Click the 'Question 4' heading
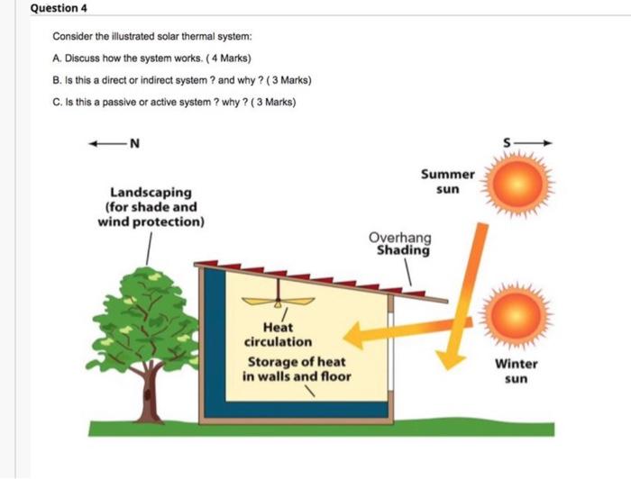tap(56, 10)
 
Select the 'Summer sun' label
tap(446, 182)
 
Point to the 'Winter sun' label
tap(516, 371)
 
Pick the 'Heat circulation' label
tap(278, 335)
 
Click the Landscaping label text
tap(150, 206)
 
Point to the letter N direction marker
tap(134, 142)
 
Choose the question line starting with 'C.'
tap(174, 101)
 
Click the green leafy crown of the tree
tap(144, 311)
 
